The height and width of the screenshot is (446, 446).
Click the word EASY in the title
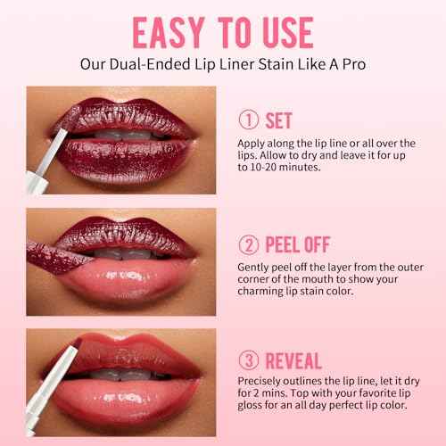pyautogui.click(x=169, y=32)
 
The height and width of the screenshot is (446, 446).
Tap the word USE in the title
pyautogui.click(x=288, y=32)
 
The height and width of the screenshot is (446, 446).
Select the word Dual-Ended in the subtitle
pyautogui.click(x=150, y=64)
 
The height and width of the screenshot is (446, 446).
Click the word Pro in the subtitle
pyautogui.click(x=354, y=64)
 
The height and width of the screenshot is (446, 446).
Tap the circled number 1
pyautogui.click(x=249, y=120)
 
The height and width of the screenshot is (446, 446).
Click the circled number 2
pyautogui.click(x=249, y=245)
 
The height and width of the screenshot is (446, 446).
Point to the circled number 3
pyautogui.click(x=249, y=360)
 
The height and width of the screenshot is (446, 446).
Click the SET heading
pyautogui.click(x=278, y=120)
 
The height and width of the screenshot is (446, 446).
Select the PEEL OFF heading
pyautogui.click(x=298, y=244)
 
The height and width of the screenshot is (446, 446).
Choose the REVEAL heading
pyautogui.click(x=293, y=360)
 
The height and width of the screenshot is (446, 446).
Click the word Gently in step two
pyautogui.click(x=253, y=268)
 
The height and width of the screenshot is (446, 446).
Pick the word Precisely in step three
pyautogui.click(x=259, y=381)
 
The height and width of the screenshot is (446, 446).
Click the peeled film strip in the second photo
pyautogui.click(x=60, y=257)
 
